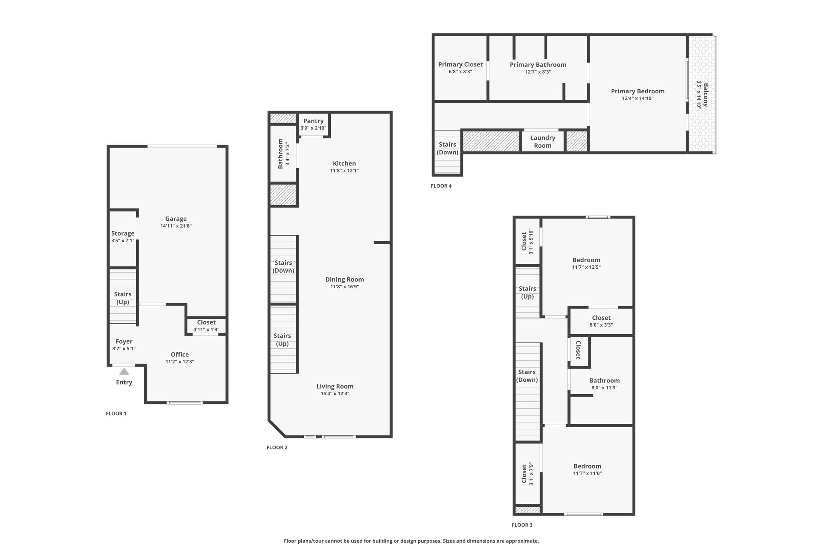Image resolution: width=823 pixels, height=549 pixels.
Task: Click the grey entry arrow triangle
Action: pyautogui.click(x=124, y=371)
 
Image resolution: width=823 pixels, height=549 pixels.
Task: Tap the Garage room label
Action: pyautogui.click(x=176, y=219)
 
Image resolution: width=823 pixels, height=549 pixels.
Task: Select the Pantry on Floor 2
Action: pyautogui.click(x=313, y=124)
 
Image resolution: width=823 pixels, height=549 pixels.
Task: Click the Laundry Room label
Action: pyautogui.click(x=543, y=142)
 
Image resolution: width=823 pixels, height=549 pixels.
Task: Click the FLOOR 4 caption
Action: pyautogui.click(x=441, y=186)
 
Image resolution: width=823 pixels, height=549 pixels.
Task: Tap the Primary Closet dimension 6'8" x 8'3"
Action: pyautogui.click(x=460, y=72)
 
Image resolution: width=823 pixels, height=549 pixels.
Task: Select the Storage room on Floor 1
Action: pyautogui.click(x=123, y=236)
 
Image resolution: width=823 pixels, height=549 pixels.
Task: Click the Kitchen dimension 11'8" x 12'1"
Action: pyautogui.click(x=344, y=171)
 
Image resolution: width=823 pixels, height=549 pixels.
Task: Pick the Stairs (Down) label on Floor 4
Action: pyautogui.click(x=447, y=148)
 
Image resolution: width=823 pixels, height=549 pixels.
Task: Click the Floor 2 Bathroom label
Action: pyautogui.click(x=280, y=153)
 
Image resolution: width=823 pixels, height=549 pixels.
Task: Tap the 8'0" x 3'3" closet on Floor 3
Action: pyautogui.click(x=601, y=321)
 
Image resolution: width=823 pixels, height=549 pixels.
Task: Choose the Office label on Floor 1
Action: pyautogui.click(x=180, y=354)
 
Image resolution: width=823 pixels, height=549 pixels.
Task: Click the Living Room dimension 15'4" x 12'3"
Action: pyautogui.click(x=335, y=393)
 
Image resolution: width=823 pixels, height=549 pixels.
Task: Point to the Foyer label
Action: pyautogui.click(x=124, y=341)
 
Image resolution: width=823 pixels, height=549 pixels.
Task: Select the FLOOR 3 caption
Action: pyautogui.click(x=522, y=525)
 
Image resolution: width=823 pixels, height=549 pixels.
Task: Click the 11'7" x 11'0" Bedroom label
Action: pyautogui.click(x=588, y=466)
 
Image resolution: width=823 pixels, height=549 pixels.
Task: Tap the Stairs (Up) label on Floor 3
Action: pyautogui.click(x=527, y=292)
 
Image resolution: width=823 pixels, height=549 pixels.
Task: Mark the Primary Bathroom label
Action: pyautogui.click(x=538, y=65)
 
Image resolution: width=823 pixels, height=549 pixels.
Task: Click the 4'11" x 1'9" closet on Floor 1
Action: pyautogui.click(x=206, y=325)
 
